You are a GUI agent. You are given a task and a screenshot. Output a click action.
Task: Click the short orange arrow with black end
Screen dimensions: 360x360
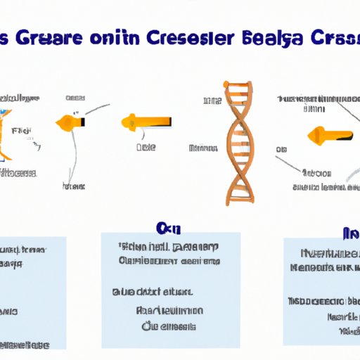[70, 122]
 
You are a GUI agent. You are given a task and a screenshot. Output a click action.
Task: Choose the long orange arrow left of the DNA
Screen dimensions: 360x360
[148, 123]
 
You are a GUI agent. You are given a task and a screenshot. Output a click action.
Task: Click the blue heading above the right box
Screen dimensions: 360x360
[349, 233]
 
